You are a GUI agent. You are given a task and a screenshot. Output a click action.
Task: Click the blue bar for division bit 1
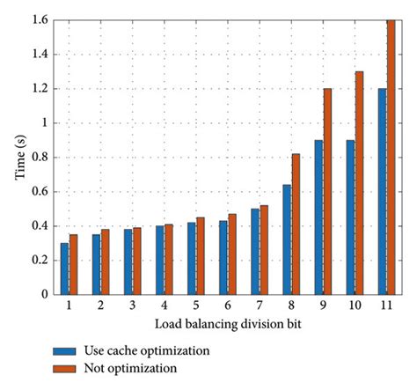[x=64, y=269]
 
